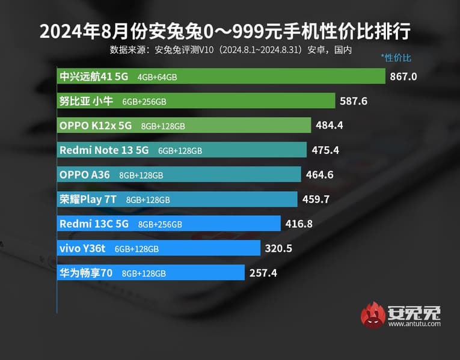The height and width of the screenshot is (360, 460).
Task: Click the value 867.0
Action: click(403, 76)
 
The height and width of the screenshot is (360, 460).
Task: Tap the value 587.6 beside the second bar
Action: click(354, 101)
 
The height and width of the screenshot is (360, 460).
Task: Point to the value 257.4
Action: click(263, 273)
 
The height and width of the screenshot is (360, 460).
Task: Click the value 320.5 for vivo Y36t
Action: click(278, 248)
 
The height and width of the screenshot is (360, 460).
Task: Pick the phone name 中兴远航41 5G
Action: click(95, 76)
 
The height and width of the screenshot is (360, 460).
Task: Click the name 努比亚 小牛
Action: click(86, 101)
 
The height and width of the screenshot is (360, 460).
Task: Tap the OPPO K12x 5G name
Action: click(95, 126)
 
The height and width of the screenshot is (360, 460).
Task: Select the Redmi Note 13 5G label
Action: click(104, 150)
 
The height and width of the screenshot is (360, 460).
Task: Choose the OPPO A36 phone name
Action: click(84, 175)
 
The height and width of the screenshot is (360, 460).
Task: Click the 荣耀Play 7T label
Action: click(88, 200)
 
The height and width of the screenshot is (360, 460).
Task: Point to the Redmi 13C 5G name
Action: click(94, 224)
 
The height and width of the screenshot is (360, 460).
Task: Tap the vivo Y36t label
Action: click(83, 248)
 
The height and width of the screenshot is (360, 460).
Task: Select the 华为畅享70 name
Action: click(86, 273)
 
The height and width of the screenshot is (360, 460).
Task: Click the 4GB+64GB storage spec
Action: click(157, 77)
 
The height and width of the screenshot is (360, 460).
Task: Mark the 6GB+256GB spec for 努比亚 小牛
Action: click(144, 102)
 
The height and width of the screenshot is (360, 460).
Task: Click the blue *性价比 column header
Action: click(396, 58)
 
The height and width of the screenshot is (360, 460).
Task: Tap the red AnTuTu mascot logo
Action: click(373, 315)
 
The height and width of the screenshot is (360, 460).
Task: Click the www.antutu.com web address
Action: click(414, 324)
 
